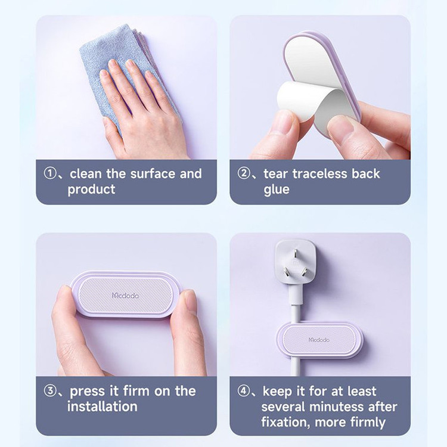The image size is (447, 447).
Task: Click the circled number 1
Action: tap(50, 173)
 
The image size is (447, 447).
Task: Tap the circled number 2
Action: tap(244, 173)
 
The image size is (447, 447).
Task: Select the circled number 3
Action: tap(50, 391)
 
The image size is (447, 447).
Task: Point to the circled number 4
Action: tap(244, 391)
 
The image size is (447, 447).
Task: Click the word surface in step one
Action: tap(153, 174)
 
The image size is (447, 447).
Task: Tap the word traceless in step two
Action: tap(319, 173)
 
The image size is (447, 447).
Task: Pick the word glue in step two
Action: tap(276, 190)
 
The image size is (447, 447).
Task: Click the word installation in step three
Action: tap(103, 406)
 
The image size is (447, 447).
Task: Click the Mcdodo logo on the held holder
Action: tap(125, 296)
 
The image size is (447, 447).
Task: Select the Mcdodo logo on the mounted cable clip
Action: tap(319, 340)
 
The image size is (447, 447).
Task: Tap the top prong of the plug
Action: tap(296, 252)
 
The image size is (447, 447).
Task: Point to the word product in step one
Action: tap(92, 190)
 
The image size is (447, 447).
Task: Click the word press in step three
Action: tap(88, 392)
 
